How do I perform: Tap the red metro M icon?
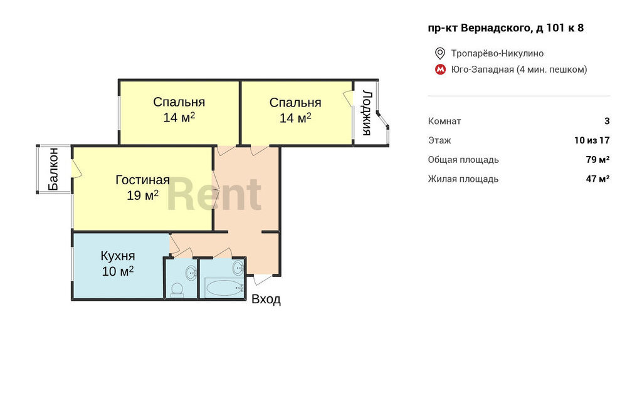tap(440, 70)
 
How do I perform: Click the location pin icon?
tap(439, 53)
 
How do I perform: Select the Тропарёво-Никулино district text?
tap(497, 53)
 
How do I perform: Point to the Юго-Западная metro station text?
tap(482, 70)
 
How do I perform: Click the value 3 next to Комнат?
tap(607, 121)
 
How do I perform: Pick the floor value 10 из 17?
tap(592, 140)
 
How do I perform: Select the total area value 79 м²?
tap(597, 159)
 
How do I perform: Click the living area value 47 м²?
tap(597, 179)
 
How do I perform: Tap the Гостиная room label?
tap(142, 180)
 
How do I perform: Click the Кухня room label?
tap(118, 256)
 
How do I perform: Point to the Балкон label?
tap(53, 169)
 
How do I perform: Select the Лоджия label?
tap(367, 113)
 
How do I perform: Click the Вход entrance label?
tap(266, 299)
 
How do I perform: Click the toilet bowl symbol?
tap(177, 289)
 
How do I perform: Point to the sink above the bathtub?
tap(238, 269)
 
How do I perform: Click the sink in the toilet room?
tap(191, 273)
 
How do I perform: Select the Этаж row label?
tap(439, 140)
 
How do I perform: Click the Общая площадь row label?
tap(463, 160)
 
